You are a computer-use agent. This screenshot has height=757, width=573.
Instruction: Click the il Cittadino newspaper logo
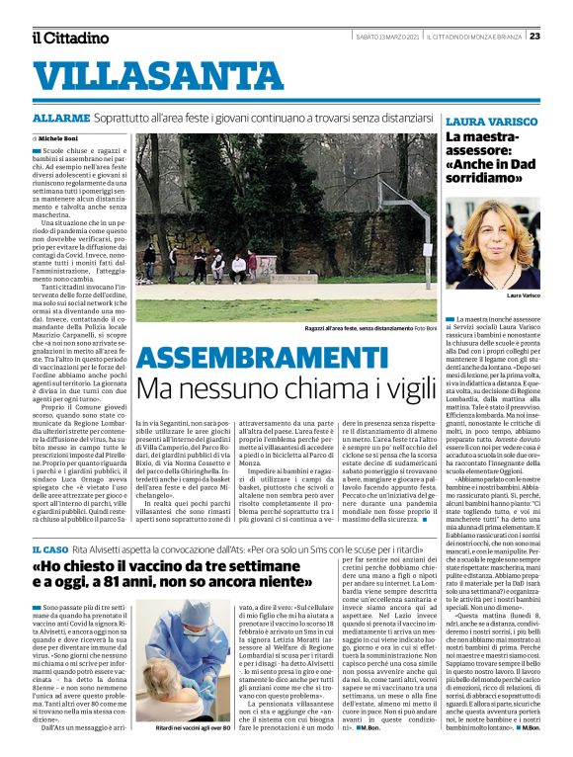pos(69,38)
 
